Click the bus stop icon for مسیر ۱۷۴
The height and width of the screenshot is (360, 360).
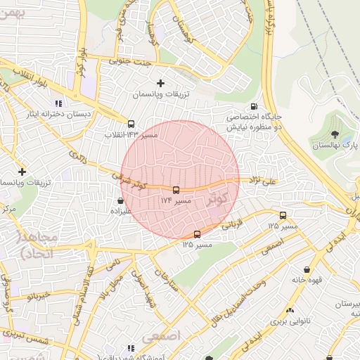click(x=176, y=190)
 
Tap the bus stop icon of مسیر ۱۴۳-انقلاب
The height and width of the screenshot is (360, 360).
click(x=131, y=124)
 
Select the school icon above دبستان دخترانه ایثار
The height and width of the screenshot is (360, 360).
click(x=68, y=103)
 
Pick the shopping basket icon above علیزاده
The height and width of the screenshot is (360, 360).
click(x=121, y=200)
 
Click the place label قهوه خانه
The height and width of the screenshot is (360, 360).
click(x=307, y=279)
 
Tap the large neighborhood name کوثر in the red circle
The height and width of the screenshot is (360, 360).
click(x=220, y=199)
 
